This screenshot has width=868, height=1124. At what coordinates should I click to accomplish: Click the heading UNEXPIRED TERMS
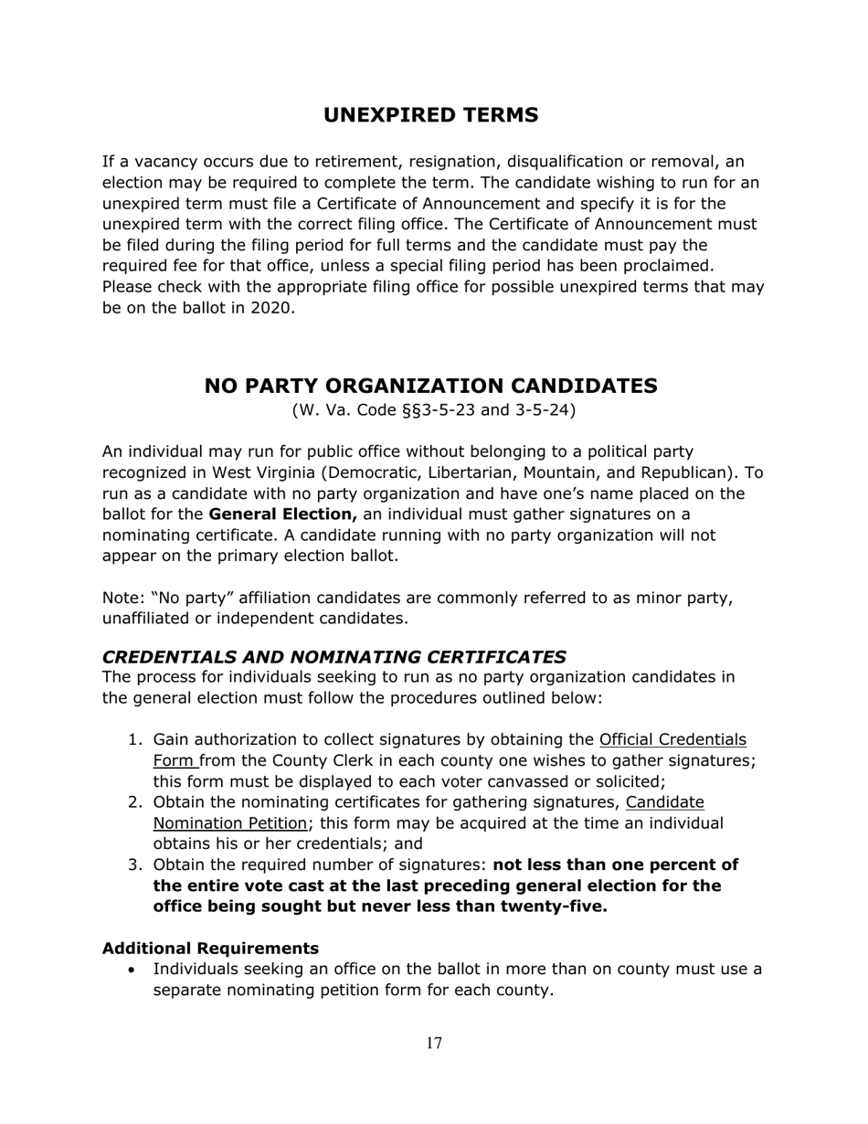click(430, 115)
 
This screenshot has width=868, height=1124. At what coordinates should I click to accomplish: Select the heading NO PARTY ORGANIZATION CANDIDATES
click(430, 386)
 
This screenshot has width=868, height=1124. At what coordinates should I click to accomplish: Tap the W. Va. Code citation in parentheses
click(433, 410)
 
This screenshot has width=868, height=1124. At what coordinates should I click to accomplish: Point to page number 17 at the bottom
click(434, 1044)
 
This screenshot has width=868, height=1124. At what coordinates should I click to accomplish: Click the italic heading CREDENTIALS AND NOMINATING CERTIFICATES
click(334, 656)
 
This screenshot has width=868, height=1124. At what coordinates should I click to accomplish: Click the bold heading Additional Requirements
click(210, 947)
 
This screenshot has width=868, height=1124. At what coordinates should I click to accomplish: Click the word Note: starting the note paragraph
click(123, 598)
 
